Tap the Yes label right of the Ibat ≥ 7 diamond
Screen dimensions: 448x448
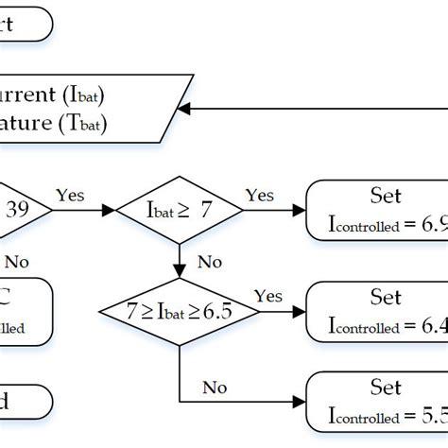(x=260, y=195)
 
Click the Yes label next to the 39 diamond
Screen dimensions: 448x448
(x=70, y=195)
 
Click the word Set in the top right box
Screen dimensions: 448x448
(x=386, y=196)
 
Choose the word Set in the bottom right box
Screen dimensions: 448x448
(x=386, y=387)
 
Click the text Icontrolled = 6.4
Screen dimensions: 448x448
(x=383, y=327)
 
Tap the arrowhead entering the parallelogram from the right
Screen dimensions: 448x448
(x=185, y=109)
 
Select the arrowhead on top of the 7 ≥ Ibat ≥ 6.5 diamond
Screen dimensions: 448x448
(x=178, y=274)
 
